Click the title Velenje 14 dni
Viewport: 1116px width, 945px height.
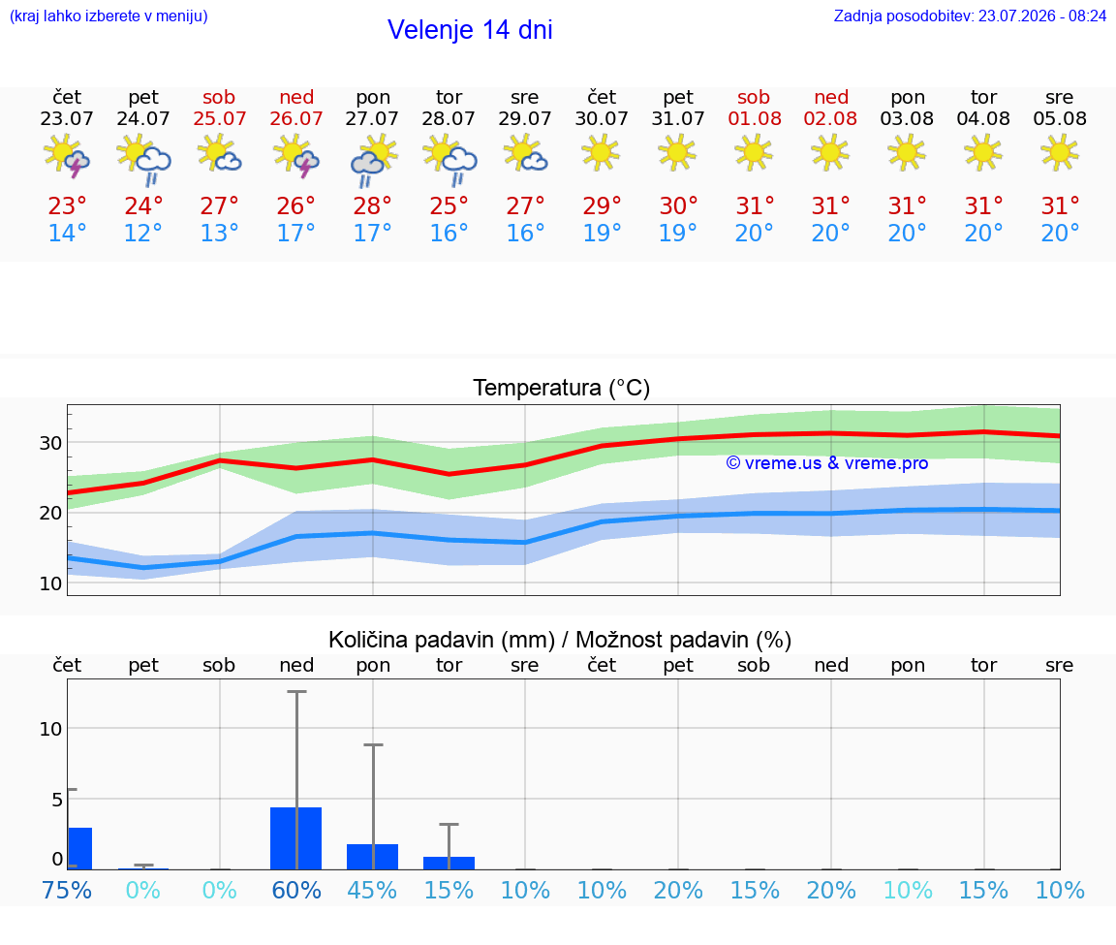(x=470, y=30)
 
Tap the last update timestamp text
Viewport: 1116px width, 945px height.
(x=970, y=16)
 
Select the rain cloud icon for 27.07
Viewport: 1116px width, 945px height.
(x=373, y=161)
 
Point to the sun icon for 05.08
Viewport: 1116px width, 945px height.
(x=1059, y=153)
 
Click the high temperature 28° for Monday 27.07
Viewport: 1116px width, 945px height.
(x=372, y=205)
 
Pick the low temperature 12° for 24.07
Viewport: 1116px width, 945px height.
(x=143, y=233)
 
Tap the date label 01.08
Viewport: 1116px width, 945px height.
(x=755, y=118)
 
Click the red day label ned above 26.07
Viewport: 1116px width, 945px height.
(x=296, y=97)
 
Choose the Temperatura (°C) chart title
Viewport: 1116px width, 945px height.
(x=562, y=388)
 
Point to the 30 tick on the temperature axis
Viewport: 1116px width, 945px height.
(x=50, y=443)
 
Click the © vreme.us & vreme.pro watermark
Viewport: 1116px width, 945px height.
(x=827, y=463)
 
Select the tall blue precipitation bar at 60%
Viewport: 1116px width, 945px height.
(x=296, y=838)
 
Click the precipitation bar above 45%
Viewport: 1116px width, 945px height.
(x=372, y=857)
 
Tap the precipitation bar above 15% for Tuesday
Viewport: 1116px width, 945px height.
(x=449, y=864)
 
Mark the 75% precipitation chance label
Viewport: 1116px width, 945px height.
(x=67, y=890)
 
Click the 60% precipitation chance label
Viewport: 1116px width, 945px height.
(x=296, y=890)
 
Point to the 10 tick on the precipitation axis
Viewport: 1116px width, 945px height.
(x=50, y=729)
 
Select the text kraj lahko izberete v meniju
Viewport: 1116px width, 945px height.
(x=108, y=16)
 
